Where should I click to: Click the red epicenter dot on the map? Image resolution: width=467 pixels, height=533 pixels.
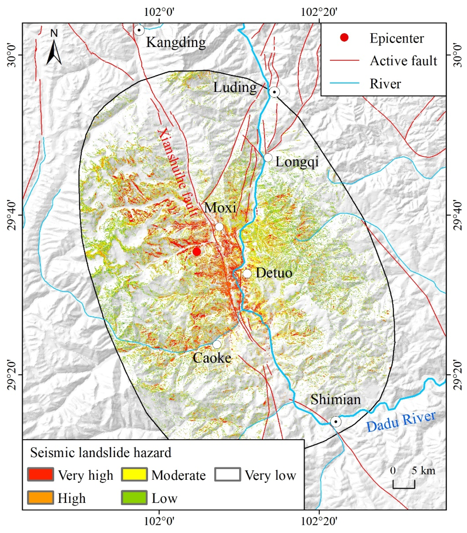coord(197,252)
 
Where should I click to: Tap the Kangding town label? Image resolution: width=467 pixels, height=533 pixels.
coord(176,42)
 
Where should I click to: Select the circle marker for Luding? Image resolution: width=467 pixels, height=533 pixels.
coord(274,92)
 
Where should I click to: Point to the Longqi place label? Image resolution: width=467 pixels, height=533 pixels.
coord(297,162)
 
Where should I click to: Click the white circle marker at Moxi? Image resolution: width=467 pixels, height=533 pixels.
coord(219,227)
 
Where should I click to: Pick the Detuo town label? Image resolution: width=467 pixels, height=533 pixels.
coord(274,273)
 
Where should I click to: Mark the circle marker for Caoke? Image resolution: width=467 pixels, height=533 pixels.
coord(217,345)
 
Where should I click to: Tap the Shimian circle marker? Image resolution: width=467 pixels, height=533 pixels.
coord(336,422)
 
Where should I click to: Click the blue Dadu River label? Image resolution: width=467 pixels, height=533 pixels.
coord(401,422)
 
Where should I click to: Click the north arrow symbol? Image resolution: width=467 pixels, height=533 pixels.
coord(54,50)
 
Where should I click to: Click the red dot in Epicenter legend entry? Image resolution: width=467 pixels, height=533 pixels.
coord(344,38)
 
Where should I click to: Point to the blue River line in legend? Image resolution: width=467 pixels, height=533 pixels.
coord(344,83)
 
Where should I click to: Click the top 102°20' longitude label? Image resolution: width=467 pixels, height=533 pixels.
coord(319,12)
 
